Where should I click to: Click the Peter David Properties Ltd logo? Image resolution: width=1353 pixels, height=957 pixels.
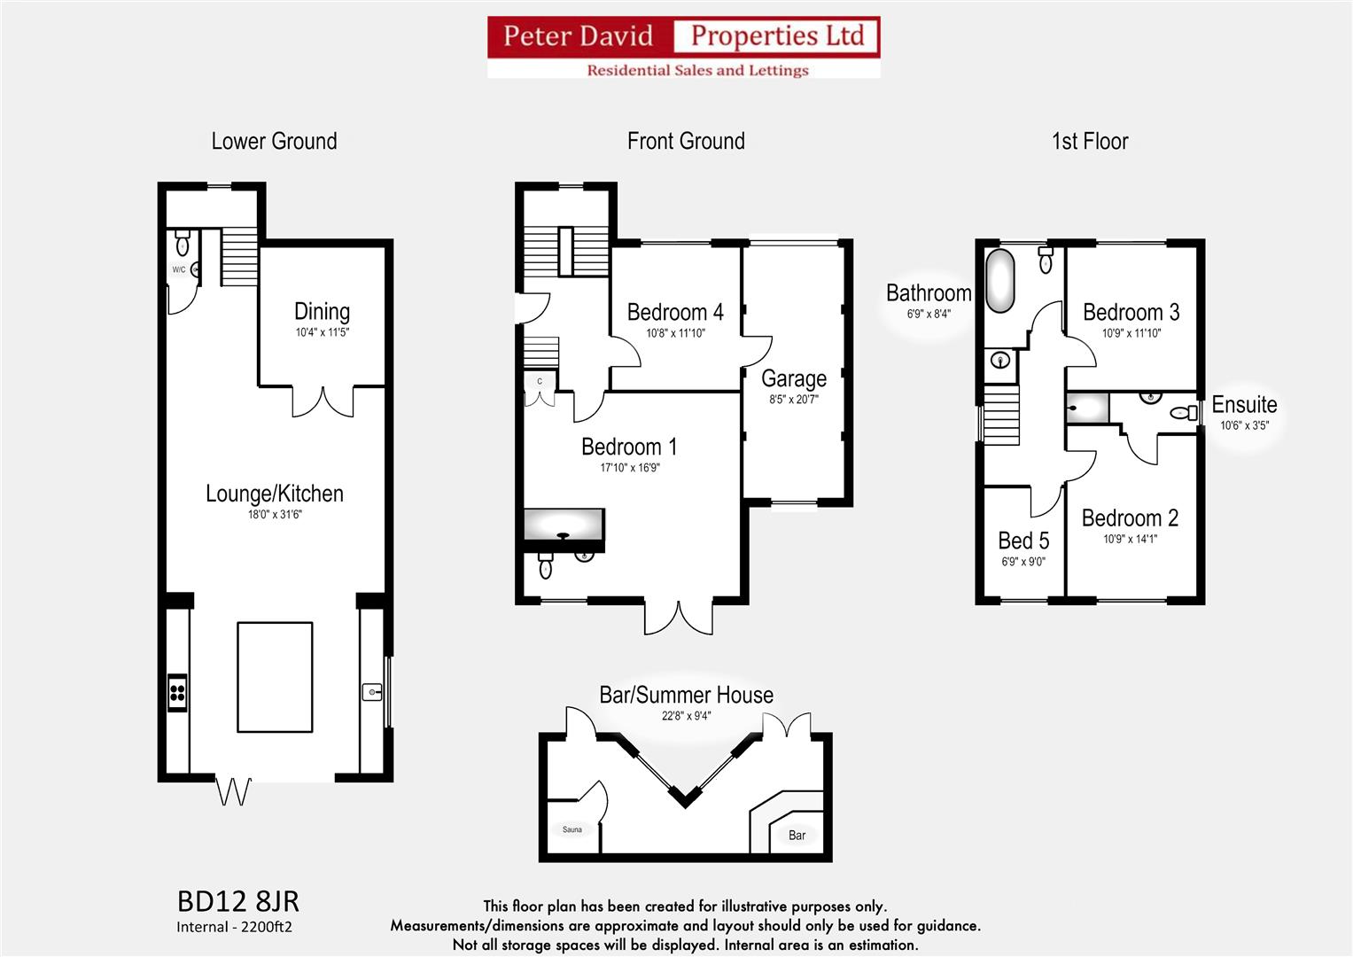point(683,47)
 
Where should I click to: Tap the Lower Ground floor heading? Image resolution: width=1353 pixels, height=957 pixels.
point(274,141)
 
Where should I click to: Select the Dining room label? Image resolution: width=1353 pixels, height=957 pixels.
point(322,311)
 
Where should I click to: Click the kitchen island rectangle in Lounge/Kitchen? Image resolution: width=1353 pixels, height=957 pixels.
point(275,676)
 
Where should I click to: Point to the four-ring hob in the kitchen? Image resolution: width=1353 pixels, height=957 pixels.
point(177,692)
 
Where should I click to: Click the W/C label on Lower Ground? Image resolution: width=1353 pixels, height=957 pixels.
point(179,269)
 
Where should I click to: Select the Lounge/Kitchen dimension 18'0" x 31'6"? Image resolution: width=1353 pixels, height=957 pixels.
point(275,514)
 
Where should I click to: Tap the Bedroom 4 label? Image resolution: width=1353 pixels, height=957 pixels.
point(675,312)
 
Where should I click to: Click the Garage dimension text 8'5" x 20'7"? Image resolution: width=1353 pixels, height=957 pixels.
point(794,400)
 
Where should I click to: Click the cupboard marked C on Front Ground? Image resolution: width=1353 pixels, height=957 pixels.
point(540,382)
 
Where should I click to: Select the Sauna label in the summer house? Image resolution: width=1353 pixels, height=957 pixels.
point(572,829)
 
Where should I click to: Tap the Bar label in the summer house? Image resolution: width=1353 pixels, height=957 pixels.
point(797,835)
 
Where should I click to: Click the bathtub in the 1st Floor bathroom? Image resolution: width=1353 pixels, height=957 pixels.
point(1000,281)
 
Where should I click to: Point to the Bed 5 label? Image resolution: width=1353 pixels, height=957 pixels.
point(1023,541)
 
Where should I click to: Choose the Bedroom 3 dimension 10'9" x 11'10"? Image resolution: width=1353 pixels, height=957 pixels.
point(1131,333)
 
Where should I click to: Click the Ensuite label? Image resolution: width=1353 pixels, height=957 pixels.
point(1244,404)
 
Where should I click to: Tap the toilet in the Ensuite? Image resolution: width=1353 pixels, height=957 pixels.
point(1181,412)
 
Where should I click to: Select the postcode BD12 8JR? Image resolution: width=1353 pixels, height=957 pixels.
point(238,901)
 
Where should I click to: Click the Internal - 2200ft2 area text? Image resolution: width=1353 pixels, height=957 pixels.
point(234,927)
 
